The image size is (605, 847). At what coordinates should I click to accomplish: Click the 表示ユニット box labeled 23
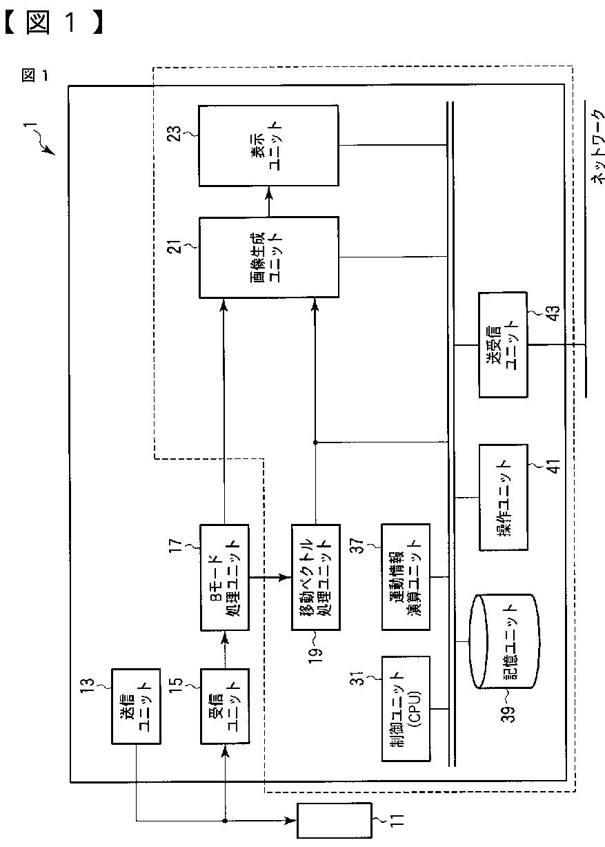268,145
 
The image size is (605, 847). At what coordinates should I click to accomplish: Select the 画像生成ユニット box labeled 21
268,257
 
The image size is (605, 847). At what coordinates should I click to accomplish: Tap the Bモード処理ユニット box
224,577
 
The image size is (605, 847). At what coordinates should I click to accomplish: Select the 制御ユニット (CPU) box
405,708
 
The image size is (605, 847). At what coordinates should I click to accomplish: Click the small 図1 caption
35,75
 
